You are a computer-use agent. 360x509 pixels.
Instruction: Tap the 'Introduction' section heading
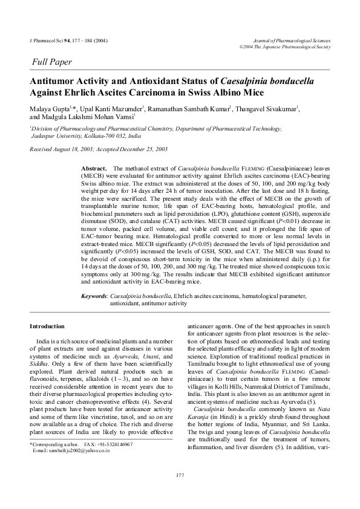click(47, 326)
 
